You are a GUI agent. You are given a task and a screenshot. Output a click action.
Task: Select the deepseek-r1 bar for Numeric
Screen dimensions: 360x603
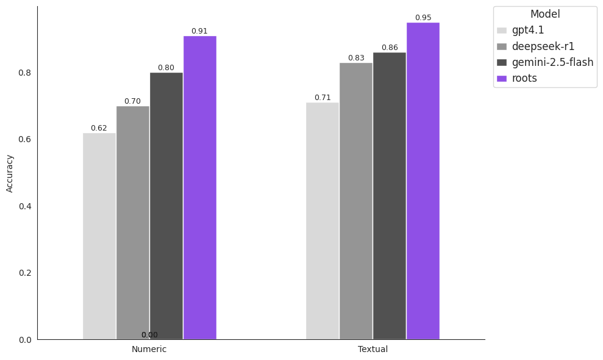133,223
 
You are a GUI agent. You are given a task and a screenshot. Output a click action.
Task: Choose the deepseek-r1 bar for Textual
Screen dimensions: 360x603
356,201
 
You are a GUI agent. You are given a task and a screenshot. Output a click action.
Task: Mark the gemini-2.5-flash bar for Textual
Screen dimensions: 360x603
390,196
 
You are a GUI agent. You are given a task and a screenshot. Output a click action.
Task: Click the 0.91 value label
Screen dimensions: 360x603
199,31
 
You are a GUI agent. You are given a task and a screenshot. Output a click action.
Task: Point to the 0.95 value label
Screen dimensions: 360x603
423,18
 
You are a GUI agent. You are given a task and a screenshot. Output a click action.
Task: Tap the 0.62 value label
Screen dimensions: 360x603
99,128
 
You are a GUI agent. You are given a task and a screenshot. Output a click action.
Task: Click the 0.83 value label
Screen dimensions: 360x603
356,58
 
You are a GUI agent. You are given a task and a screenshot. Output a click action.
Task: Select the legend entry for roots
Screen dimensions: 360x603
524,78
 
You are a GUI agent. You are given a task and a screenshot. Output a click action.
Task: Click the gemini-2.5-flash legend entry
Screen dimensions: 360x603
552,62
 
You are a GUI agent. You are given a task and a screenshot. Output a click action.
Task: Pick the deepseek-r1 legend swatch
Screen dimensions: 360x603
502,46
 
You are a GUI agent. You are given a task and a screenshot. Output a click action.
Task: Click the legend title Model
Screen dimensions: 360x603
545,14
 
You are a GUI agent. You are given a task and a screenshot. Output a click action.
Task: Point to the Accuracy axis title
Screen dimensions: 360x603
10,173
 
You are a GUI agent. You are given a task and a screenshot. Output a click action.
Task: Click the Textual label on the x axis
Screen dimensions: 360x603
373,350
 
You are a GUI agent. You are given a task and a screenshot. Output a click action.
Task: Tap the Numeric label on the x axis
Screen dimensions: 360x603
149,350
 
